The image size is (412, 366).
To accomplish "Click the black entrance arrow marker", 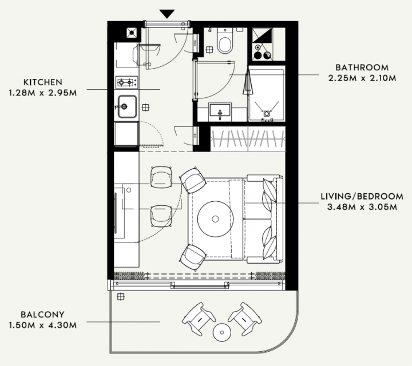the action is (x=167, y=14).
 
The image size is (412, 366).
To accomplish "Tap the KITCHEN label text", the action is (x=43, y=82).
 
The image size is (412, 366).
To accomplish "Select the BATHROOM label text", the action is (x=362, y=67).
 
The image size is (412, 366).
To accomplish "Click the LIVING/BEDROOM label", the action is (x=362, y=196).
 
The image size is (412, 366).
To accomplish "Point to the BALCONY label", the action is (x=42, y=315).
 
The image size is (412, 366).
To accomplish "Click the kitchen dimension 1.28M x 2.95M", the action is (x=43, y=93).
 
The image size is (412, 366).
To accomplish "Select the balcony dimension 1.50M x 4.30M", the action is (x=43, y=325).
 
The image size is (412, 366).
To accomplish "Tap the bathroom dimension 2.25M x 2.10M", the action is (x=362, y=78).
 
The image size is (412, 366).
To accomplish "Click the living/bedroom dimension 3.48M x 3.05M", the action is (x=362, y=207).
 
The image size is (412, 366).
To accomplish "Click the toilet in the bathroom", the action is (x=225, y=41).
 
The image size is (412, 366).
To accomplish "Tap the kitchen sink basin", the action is (x=127, y=106).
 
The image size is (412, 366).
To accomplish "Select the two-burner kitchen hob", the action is (x=126, y=82).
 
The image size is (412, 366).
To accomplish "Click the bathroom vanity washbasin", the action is (x=220, y=110).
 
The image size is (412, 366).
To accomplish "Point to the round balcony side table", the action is (x=222, y=332).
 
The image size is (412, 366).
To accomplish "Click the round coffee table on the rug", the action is (x=216, y=219).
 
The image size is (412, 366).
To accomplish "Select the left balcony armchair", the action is (x=199, y=319).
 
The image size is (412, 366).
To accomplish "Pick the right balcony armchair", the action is (x=245, y=319).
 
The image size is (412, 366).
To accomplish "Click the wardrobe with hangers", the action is (x=248, y=138).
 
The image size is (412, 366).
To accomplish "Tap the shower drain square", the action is (x=267, y=113).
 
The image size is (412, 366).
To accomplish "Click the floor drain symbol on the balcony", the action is (x=121, y=297).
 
